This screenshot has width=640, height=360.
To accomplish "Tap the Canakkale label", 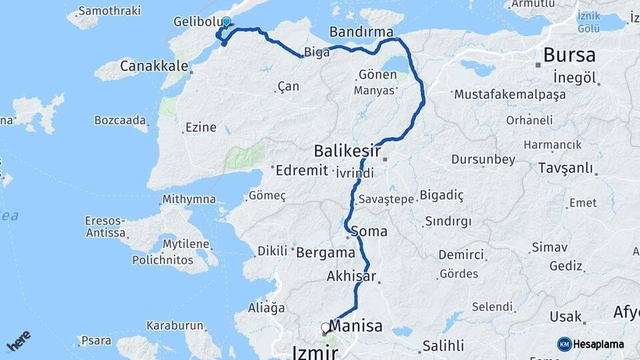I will (148, 65).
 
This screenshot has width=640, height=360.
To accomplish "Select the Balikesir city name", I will (347, 151).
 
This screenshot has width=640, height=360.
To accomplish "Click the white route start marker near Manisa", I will (325, 327).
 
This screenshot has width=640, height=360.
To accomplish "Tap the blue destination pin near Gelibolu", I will (226, 22).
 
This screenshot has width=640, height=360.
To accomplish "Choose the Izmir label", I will (315, 351).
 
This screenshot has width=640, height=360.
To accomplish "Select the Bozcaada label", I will (121, 120).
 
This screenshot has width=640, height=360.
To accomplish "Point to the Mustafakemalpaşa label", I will (509, 94).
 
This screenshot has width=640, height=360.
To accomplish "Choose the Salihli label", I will (443, 345).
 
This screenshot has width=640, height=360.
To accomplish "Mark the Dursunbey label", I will (483, 159).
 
